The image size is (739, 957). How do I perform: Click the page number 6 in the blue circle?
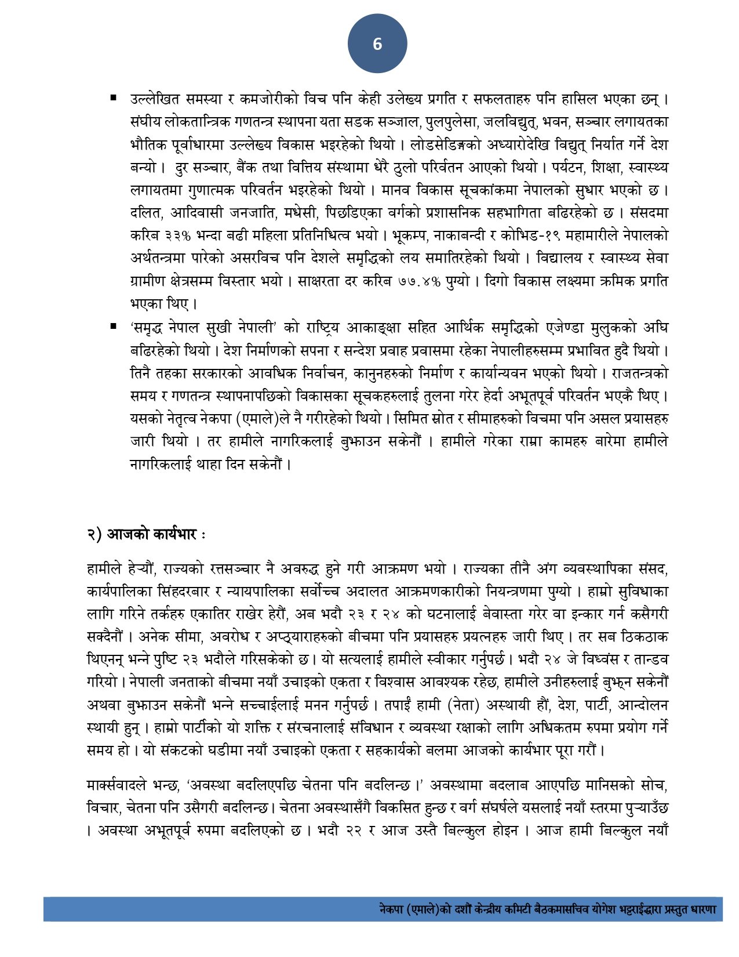tap(377, 44)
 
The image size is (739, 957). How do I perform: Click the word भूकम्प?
tap(409, 235)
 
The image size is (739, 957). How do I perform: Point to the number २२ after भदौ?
tap(355, 831)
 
